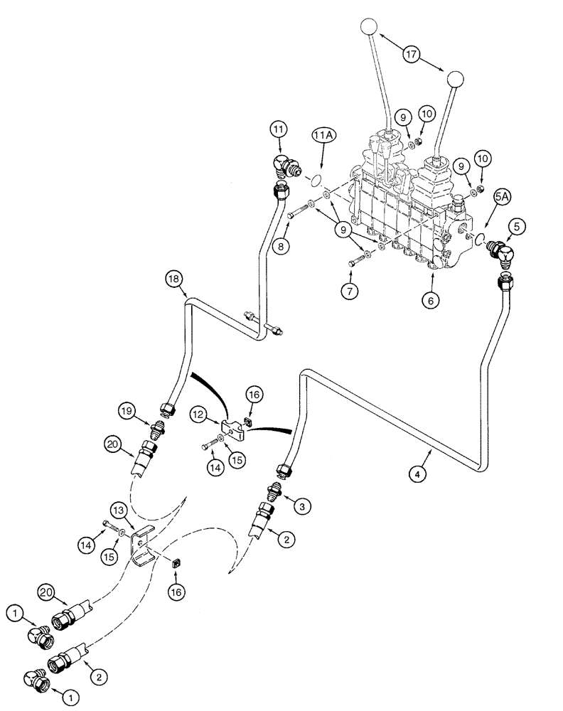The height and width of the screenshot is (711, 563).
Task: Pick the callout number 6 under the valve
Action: (430, 301)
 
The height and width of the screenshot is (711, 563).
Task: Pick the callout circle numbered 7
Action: (350, 292)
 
